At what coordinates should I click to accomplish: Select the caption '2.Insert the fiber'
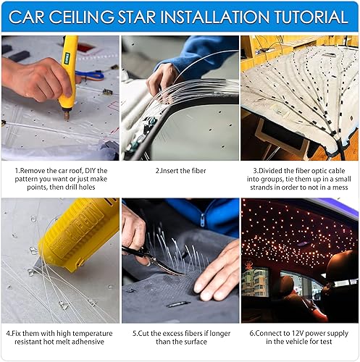[x=180, y=170]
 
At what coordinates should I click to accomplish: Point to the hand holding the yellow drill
[x=36, y=78]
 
